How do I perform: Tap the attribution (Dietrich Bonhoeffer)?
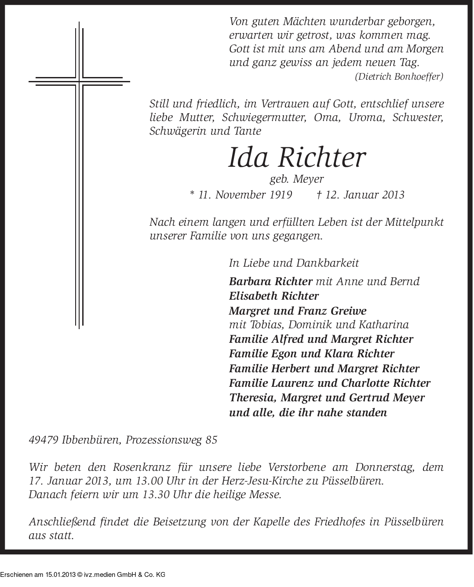coord(399,76)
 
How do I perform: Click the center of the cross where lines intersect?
coord(79,81)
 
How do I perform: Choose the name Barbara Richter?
coord(270,281)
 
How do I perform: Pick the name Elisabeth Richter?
coord(274,296)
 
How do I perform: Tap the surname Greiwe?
coord(346,311)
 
